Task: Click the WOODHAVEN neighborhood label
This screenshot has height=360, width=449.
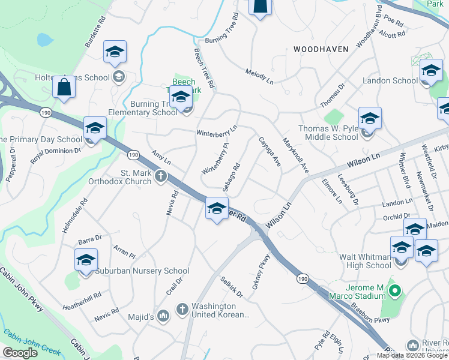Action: (x=321, y=49)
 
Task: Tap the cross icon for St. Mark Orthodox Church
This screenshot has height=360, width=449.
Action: (x=160, y=176)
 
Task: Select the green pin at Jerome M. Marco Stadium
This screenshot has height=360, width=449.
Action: (x=394, y=292)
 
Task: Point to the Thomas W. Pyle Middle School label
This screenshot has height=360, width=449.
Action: (x=328, y=133)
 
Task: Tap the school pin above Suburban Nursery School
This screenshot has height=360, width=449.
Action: (x=86, y=260)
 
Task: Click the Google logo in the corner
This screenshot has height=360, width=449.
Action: (x=20, y=352)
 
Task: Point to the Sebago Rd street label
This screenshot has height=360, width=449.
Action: (x=231, y=178)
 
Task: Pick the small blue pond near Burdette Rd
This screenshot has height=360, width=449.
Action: (x=44, y=40)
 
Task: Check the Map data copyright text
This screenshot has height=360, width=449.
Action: (x=412, y=355)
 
